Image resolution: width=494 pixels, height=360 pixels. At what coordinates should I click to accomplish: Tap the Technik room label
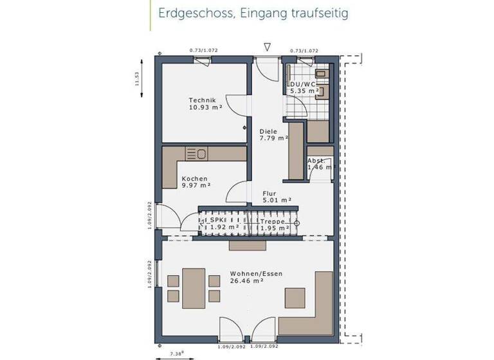pyautogui.click(x=203, y=100)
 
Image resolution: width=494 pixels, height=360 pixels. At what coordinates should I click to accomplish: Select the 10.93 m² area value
pyautogui.click(x=205, y=107)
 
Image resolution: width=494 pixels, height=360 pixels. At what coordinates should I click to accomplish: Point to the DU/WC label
pyautogui.click(x=303, y=84)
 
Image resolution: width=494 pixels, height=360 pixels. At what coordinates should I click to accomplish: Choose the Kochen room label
pyautogui.click(x=194, y=179)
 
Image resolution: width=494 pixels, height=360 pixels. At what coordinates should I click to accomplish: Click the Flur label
pyautogui.click(x=269, y=192)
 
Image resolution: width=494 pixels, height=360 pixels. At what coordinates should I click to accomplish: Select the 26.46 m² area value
pyautogui.click(x=246, y=281)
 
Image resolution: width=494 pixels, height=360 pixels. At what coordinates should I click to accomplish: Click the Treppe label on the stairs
pyautogui.click(x=272, y=221)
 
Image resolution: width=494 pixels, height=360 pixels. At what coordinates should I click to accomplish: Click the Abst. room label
pyautogui.click(x=315, y=160)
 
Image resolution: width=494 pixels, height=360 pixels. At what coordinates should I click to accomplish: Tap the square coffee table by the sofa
pyautogui.click(x=295, y=297)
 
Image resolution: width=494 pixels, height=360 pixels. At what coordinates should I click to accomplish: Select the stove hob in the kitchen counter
pyautogui.click(x=196, y=154)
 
